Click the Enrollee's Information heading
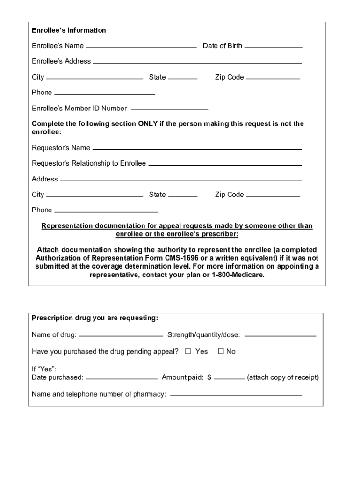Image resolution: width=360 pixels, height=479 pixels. (x=69, y=30)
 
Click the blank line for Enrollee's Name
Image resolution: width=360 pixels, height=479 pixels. (x=141, y=46)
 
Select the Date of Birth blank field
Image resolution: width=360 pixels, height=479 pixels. (x=274, y=46)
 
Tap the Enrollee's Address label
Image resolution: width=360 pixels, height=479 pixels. (x=61, y=61)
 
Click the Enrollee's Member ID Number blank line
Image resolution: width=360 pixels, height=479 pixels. (x=169, y=108)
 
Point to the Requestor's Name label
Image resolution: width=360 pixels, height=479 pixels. (x=61, y=148)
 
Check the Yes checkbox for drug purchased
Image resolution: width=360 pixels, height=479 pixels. (x=188, y=351)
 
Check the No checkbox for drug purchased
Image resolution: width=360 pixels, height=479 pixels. (x=221, y=351)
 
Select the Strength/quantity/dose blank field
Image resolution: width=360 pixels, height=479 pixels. (x=280, y=335)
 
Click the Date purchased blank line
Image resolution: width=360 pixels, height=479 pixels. (x=122, y=377)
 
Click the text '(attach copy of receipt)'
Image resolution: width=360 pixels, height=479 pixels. (x=283, y=377)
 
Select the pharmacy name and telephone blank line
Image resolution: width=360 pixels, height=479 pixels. (x=236, y=394)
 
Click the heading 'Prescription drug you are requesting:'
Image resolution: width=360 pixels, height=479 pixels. (x=95, y=319)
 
